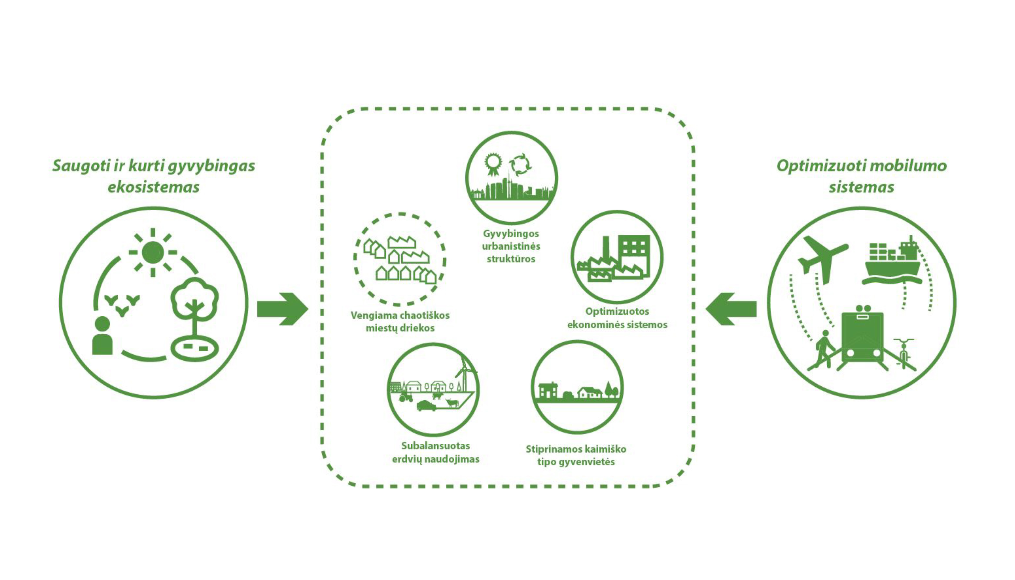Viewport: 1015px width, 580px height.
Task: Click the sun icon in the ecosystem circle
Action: point(152,252)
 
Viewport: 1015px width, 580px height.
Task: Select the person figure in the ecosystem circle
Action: point(102,336)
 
